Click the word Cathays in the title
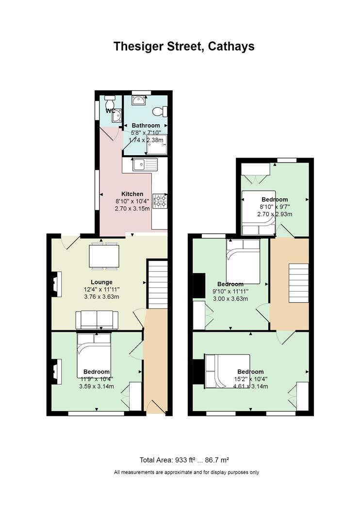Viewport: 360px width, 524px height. pyautogui.click(x=231, y=46)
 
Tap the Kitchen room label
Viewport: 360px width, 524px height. pyautogui.click(x=132, y=194)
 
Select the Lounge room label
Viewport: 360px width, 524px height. pyautogui.click(x=101, y=282)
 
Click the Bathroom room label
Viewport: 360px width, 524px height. pyautogui.click(x=146, y=125)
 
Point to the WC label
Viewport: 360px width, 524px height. pyautogui.click(x=110, y=111)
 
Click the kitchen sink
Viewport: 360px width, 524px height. pyautogui.click(x=145, y=164)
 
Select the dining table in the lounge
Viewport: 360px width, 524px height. pyautogui.click(x=104, y=256)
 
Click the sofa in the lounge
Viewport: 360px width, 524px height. pyautogui.click(x=97, y=320)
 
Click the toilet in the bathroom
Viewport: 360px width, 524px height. pyautogui.click(x=160, y=111)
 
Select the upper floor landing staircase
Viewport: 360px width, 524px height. pyautogui.click(x=298, y=283)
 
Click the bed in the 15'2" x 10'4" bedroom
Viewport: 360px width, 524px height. pyautogui.click(x=227, y=371)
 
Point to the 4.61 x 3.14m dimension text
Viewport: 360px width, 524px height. pyautogui.click(x=250, y=386)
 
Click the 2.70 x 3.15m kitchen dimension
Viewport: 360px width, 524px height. pyautogui.click(x=132, y=209)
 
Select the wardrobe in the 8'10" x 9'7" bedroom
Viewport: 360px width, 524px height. pyautogui.click(x=255, y=169)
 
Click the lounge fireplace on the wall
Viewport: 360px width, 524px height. pyautogui.click(x=56, y=284)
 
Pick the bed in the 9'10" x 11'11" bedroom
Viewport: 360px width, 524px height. pyautogui.click(x=243, y=262)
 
